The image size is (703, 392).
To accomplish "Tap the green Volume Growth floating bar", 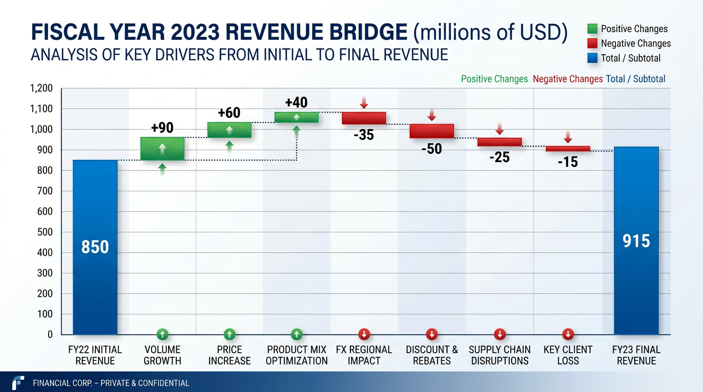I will pos(162,149).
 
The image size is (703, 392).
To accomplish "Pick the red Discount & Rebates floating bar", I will pos(432,131).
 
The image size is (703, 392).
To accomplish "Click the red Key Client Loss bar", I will pos(568,149).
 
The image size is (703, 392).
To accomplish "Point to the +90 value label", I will pos(162,128).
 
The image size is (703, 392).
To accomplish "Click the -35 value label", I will pos(364,135).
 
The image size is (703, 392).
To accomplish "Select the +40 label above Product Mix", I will pos(296,103).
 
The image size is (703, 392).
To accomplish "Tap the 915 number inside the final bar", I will pos(636,240).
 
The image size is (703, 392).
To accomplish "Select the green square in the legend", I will pos(593,29).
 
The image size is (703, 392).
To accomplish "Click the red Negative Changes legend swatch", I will pos(593,43).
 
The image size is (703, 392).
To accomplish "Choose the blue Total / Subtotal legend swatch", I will pos(593,58).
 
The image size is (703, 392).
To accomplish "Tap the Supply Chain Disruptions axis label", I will pos(500,355).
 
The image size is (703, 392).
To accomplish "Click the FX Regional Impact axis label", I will pos(364,355).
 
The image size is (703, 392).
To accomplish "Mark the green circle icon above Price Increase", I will pos(229,334).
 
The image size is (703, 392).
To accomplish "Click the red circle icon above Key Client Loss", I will pos(568,334).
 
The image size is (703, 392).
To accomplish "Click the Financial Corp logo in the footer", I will pos(18,382).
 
